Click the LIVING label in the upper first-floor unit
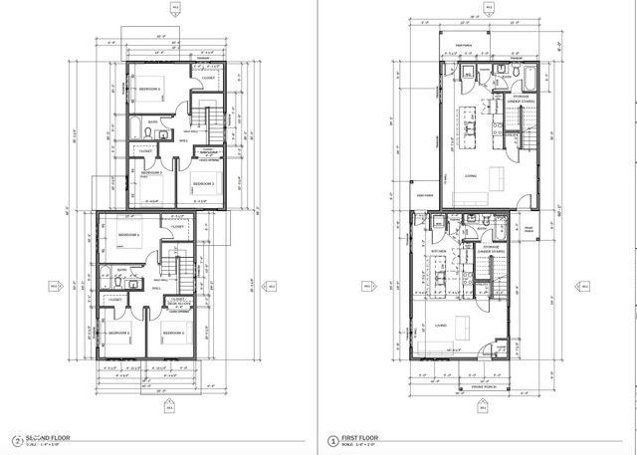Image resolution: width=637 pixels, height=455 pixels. [x=469, y=176]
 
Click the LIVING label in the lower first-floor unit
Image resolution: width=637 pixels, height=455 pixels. [x=439, y=326]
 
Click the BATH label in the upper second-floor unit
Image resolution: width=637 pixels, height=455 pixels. [x=152, y=122]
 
